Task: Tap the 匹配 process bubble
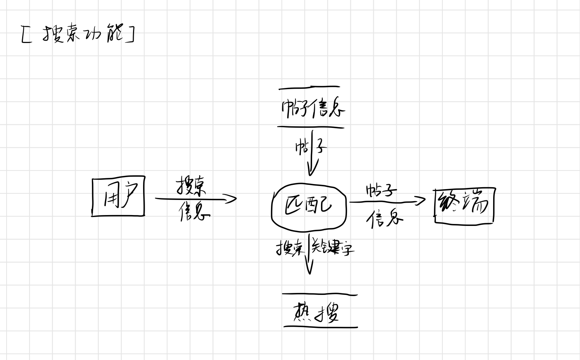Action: tap(309, 205)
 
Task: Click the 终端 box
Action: tap(464, 205)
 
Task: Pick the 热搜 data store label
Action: tap(316, 312)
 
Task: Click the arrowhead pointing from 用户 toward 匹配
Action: tap(232, 199)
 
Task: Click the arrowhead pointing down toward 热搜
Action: tap(309, 269)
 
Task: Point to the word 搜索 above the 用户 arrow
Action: tap(191, 186)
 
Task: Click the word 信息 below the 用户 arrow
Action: tap(194, 212)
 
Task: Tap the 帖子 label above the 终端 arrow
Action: tap(381, 190)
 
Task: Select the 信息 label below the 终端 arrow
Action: tap(385, 219)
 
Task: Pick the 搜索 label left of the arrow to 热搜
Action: tap(289, 248)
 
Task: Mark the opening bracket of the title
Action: tap(26, 34)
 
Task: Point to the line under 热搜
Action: tap(320, 327)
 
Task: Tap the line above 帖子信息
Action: tap(309, 88)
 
